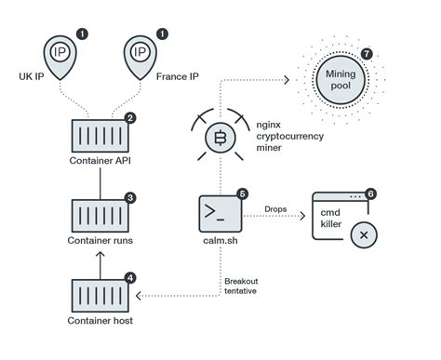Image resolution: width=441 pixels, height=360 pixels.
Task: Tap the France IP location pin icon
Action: pyautogui.click(x=141, y=53)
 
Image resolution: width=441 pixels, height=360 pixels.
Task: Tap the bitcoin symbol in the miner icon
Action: pyautogui.click(x=221, y=140)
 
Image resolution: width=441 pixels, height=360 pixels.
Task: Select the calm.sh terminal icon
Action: pyautogui.click(x=220, y=212)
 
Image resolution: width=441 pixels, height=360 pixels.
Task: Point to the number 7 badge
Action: pyautogui.click(x=367, y=54)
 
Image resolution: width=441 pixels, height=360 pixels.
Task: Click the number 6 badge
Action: pyautogui.click(x=372, y=193)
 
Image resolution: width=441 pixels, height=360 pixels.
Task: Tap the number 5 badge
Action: pyautogui.click(x=243, y=193)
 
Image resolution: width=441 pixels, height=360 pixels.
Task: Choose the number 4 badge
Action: pyautogui.click(x=129, y=276)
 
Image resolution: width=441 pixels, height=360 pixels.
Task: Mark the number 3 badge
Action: pyautogui.click(x=129, y=197)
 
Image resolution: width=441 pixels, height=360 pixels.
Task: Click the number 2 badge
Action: pyautogui.click(x=129, y=118)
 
